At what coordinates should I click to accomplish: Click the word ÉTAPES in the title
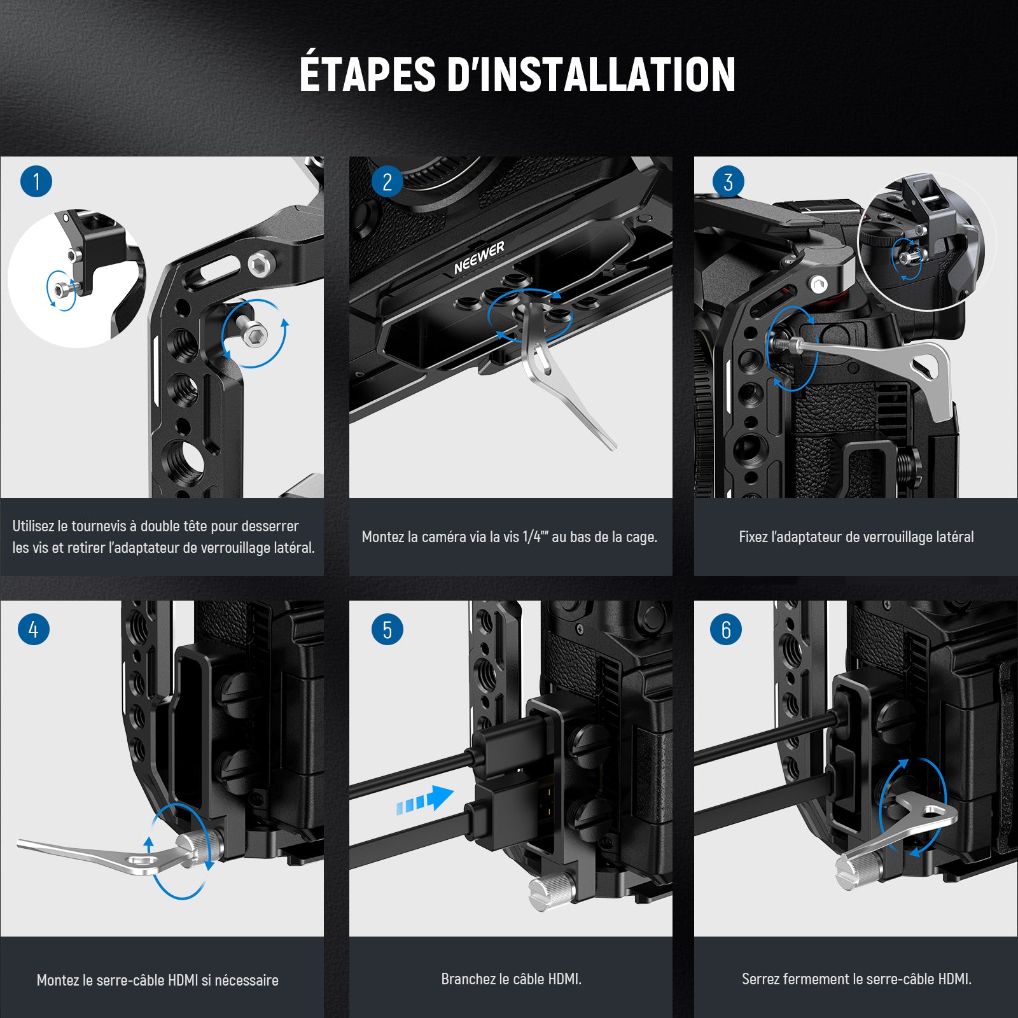pos(367,74)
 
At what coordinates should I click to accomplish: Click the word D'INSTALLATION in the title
pos(591,74)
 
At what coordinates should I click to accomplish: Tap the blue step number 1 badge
pos(36,181)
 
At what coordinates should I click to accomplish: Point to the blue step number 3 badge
pos(729,181)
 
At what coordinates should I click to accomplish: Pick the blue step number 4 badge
pos(34,629)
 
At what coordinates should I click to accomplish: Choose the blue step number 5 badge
pos(387,629)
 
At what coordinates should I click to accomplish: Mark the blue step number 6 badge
pos(726,629)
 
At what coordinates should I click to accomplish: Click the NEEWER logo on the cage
pos(479,257)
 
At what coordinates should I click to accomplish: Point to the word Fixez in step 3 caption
pos(753,537)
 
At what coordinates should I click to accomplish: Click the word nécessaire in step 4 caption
pos(247,980)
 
